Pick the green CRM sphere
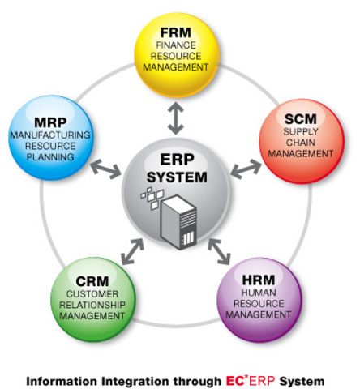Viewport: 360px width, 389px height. pos(88,293)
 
